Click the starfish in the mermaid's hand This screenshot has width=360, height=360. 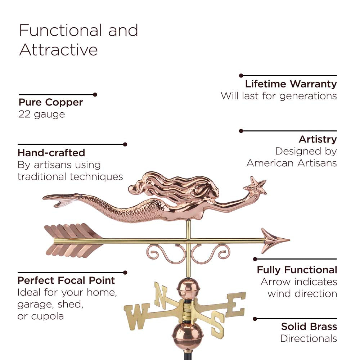point(255,185)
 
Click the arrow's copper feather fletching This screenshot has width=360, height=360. point(73,240)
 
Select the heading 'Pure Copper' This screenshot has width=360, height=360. point(51,103)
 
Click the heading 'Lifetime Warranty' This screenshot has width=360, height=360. point(291,84)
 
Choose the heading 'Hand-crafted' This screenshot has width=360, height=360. point(51,153)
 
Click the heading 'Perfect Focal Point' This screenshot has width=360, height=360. point(66,280)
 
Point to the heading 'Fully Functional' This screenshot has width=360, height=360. point(297,270)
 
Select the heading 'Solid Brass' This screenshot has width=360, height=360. point(309,327)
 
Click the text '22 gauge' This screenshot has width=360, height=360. point(42,114)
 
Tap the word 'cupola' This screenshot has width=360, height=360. point(48,316)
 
